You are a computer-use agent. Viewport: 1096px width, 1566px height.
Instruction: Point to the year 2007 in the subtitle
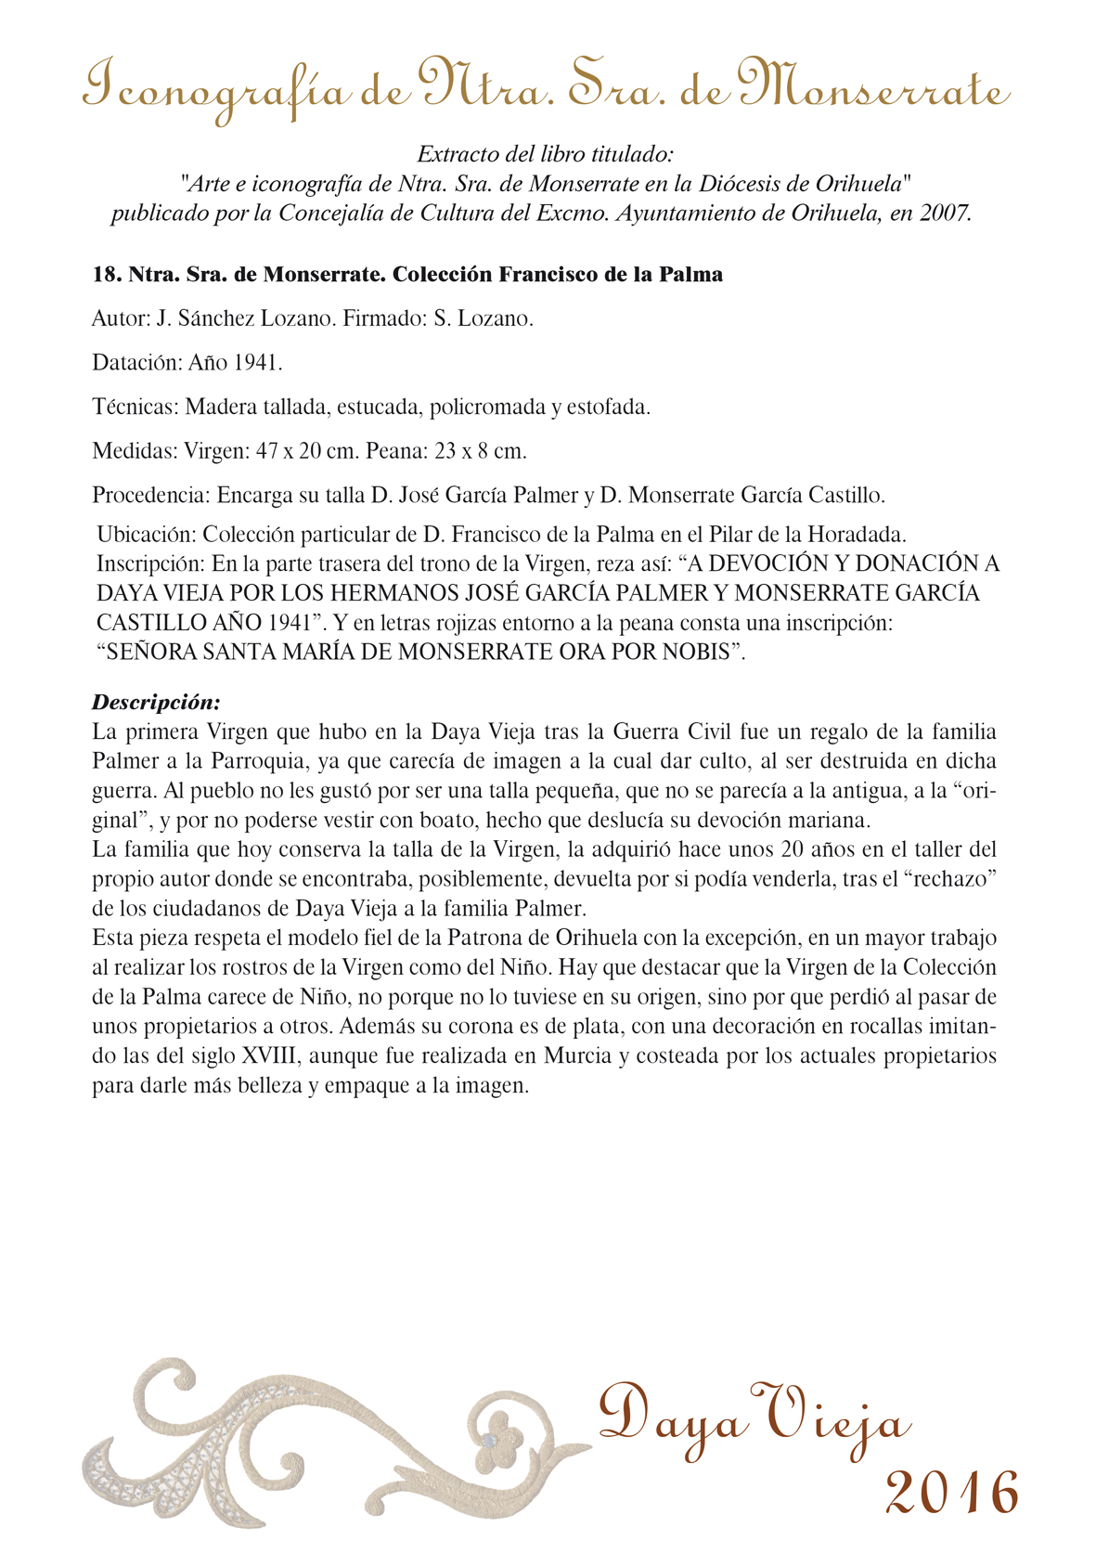coord(944,214)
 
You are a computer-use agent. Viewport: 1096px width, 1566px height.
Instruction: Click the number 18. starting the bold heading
coord(107,275)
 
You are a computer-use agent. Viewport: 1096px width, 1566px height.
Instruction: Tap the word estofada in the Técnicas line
coord(608,407)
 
